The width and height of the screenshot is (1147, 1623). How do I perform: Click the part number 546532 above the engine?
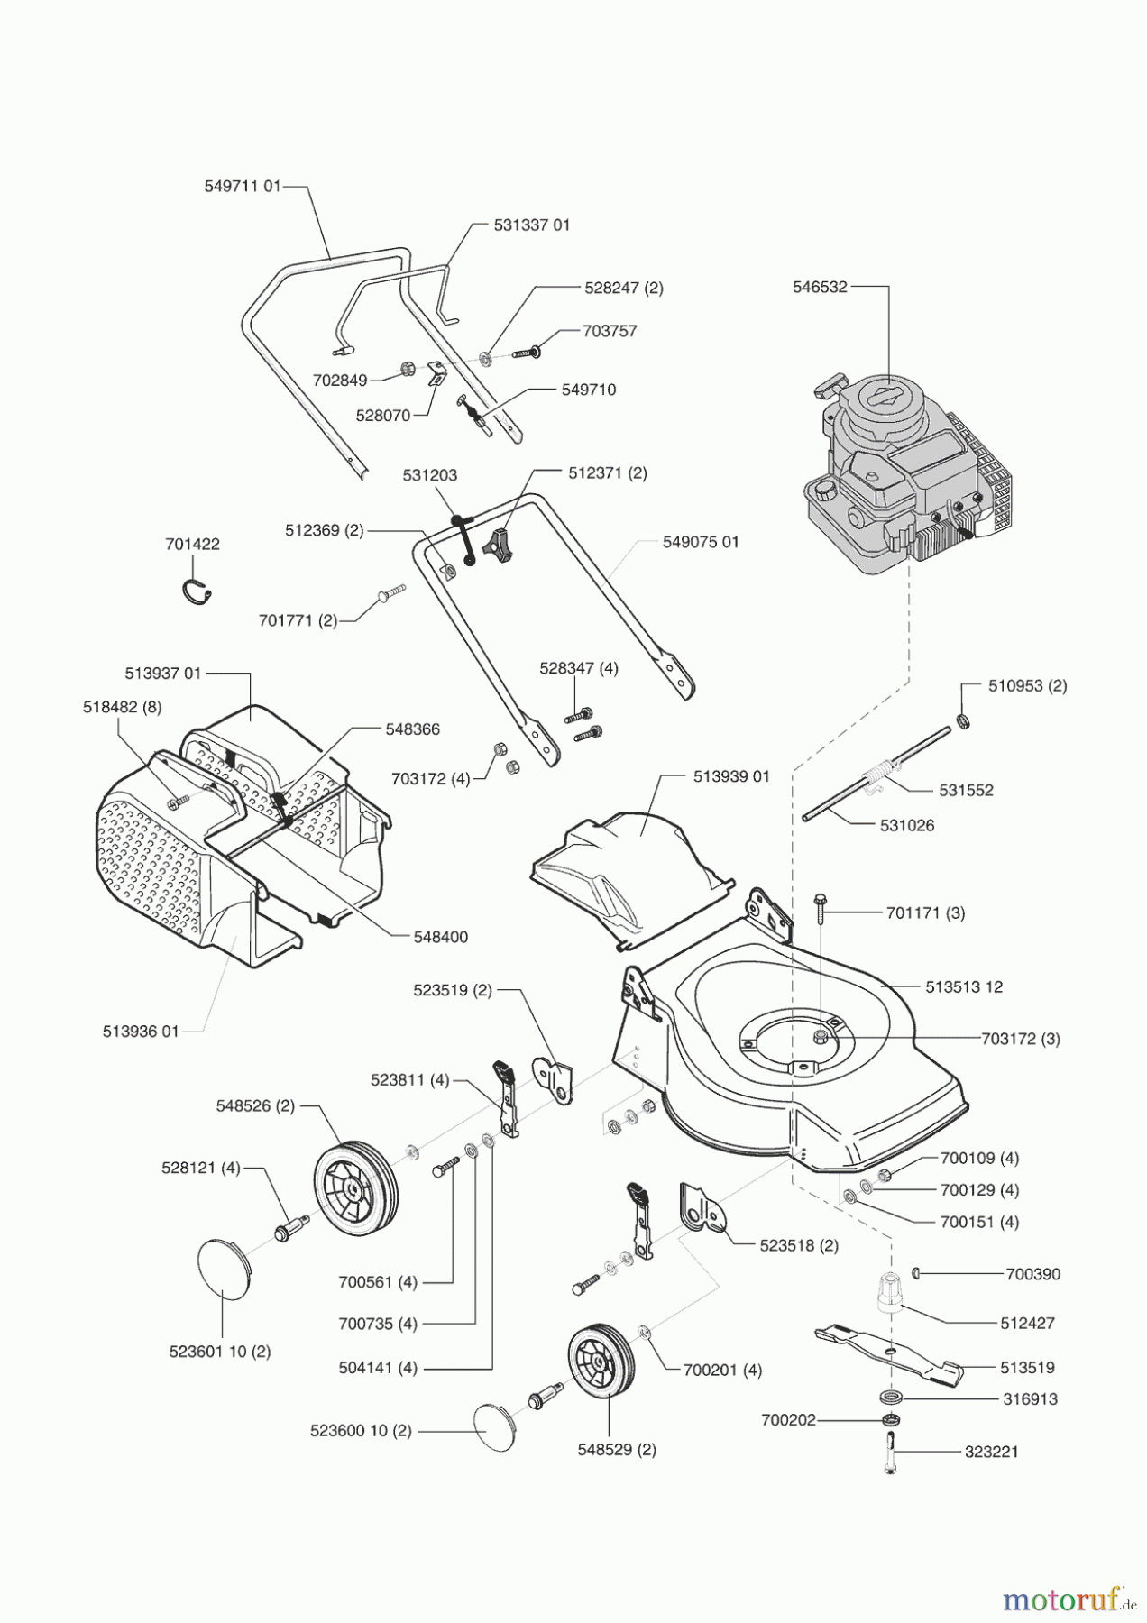pyautogui.click(x=820, y=288)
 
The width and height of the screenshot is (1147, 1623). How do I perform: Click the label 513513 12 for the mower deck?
pyautogui.click(x=963, y=986)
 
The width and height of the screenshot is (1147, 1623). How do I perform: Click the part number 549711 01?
pyautogui.click(x=243, y=187)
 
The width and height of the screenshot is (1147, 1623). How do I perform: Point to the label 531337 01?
pyautogui.click(x=532, y=225)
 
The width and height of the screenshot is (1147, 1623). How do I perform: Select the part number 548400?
pyautogui.click(x=441, y=937)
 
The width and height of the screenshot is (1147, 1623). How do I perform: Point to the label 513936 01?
pyautogui.click(x=141, y=1031)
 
